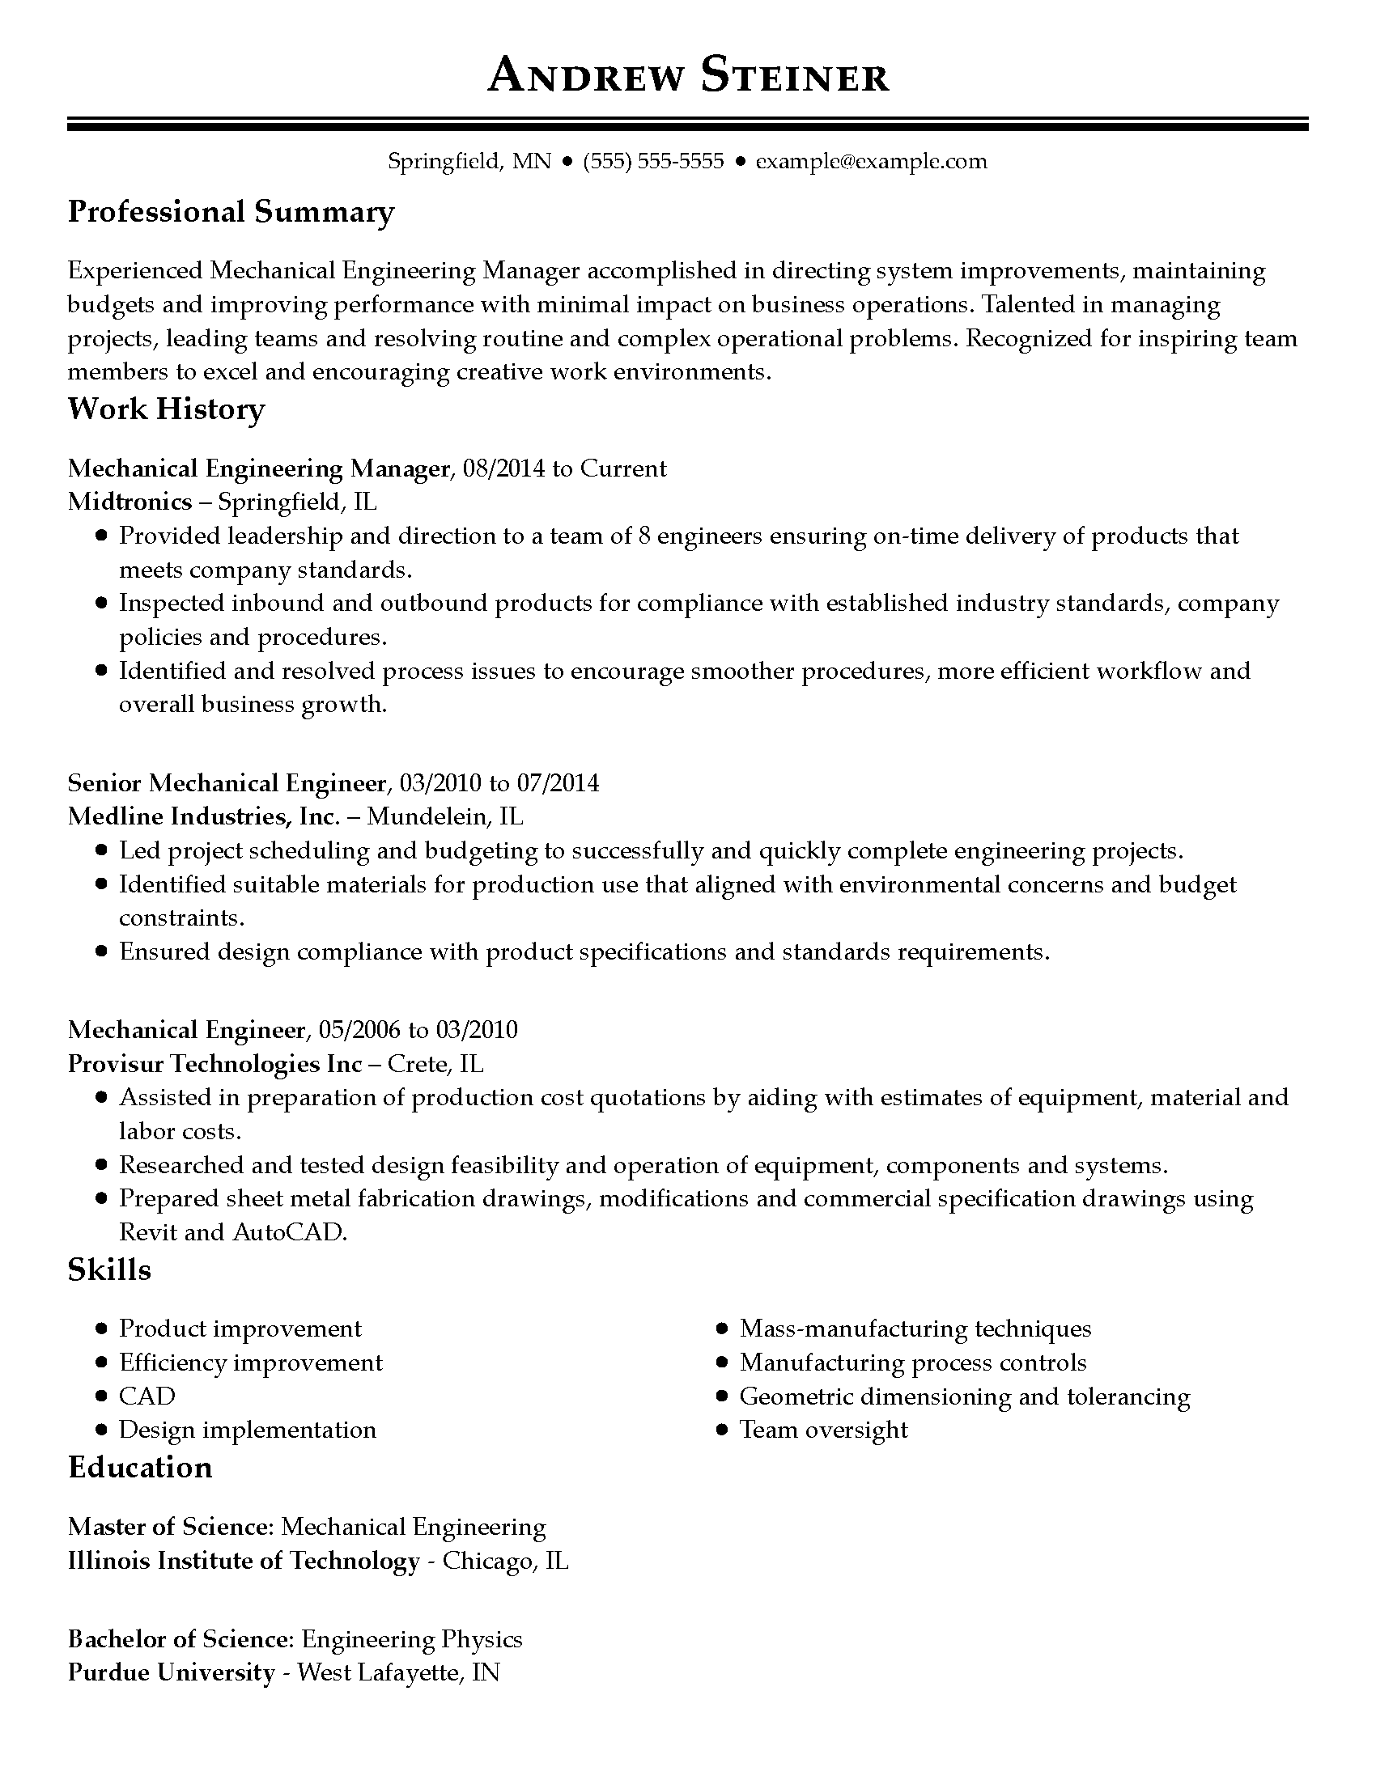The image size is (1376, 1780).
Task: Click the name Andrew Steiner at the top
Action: [688, 76]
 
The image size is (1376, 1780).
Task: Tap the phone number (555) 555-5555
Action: [654, 161]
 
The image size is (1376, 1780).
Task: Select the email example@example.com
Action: [871, 161]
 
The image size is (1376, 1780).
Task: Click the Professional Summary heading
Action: [231, 212]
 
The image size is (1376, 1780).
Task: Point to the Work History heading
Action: [166, 409]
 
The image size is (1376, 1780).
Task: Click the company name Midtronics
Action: [130, 502]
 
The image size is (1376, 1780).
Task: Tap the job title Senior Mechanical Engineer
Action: [227, 783]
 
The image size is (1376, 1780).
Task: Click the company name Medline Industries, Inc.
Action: [203, 816]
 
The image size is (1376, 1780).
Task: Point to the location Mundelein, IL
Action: [445, 816]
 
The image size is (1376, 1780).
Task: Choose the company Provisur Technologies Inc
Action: [214, 1064]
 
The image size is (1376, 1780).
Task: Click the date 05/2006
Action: [359, 1030]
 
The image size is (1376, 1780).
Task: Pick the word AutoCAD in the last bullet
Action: [290, 1231]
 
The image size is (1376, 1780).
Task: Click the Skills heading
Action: [109, 1269]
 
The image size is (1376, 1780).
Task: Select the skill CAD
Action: [147, 1396]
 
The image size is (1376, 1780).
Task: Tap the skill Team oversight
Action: [823, 1430]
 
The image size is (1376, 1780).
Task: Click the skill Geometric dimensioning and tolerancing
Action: [964, 1396]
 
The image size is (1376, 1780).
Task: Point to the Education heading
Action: [139, 1467]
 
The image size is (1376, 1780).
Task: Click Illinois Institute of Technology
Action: [243, 1561]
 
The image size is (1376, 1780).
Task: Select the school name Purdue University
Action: [171, 1672]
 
